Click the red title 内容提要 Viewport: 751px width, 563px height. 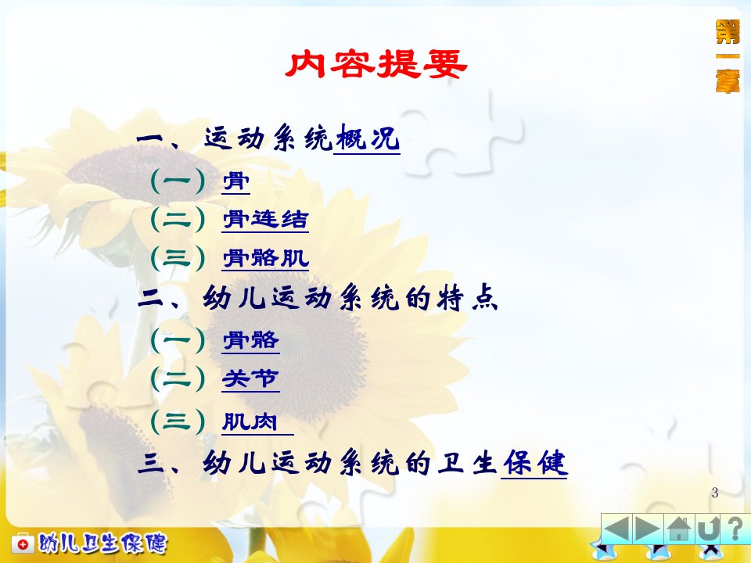(376, 64)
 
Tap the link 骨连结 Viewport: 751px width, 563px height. (265, 219)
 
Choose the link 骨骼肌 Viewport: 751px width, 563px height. (265, 259)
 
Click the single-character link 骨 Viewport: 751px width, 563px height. (236, 181)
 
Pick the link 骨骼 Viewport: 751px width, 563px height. (250, 340)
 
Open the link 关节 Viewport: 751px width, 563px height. (250, 379)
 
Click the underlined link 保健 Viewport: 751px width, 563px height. (534, 463)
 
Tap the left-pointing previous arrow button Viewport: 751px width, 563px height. (617, 529)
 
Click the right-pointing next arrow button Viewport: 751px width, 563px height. (648, 529)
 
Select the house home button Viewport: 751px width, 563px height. (679, 529)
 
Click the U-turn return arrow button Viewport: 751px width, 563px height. (710, 529)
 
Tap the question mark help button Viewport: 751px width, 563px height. (736, 529)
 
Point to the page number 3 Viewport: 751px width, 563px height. (715, 493)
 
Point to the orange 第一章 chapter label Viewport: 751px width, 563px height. (728, 56)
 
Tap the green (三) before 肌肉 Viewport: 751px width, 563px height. (178, 421)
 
